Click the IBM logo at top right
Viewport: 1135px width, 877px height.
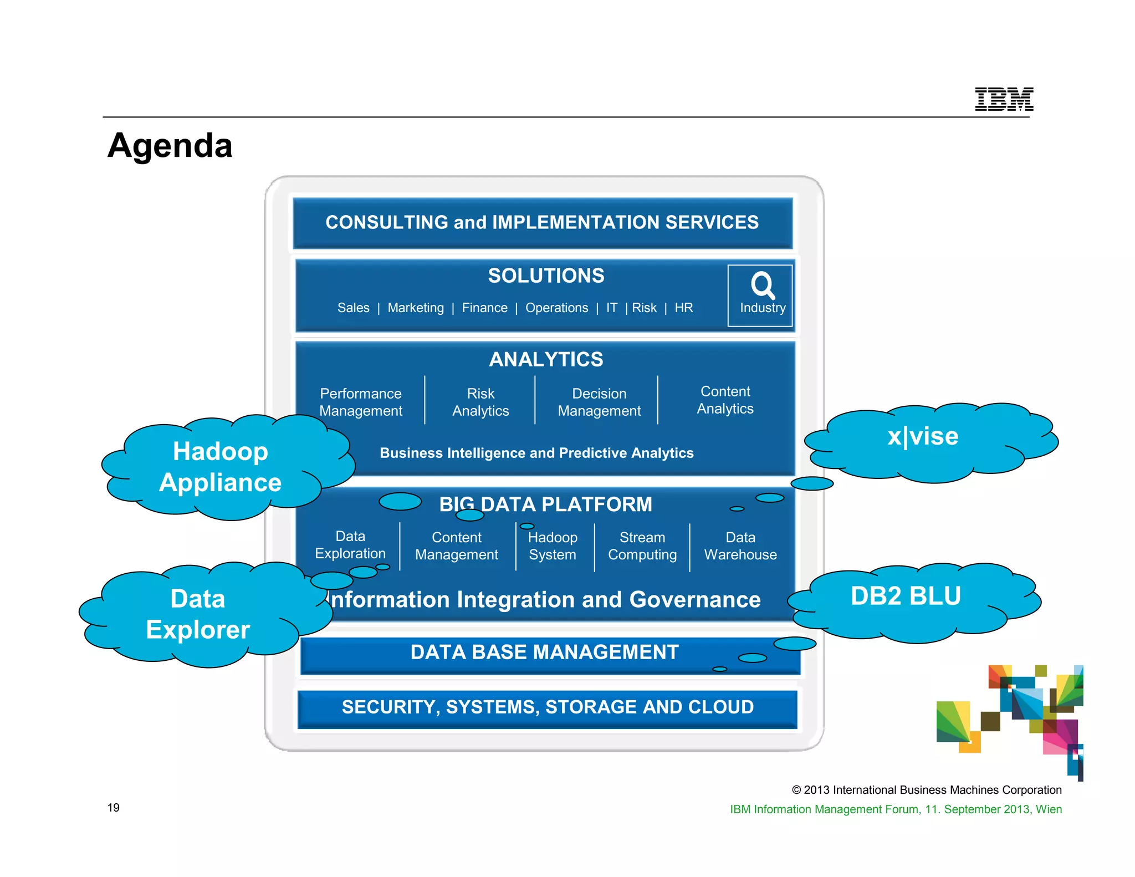pos(1004,99)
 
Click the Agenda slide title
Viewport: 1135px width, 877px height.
pos(170,146)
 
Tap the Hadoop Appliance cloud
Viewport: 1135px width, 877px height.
pos(221,467)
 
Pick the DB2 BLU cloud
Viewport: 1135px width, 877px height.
pos(906,596)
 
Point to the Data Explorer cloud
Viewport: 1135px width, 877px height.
pos(198,614)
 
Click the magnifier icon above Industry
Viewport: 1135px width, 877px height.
pos(763,285)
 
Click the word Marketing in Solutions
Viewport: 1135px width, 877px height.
pos(416,308)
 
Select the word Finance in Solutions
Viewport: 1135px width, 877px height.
pos(484,308)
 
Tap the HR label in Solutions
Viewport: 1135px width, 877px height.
pos(683,308)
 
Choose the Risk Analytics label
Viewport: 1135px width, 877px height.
pos(480,402)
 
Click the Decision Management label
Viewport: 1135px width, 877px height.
pos(599,402)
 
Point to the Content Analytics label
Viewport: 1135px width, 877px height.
pos(725,400)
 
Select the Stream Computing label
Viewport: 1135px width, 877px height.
pos(642,546)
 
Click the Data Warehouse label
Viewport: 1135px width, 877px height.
pos(740,546)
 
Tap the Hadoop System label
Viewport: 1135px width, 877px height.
pos(553,546)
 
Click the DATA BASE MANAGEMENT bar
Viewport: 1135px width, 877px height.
pos(544,652)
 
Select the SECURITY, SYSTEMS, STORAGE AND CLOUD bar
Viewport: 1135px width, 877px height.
pos(548,707)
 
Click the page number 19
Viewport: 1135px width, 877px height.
pos(114,808)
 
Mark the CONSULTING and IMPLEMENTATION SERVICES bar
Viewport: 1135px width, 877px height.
pos(542,222)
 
